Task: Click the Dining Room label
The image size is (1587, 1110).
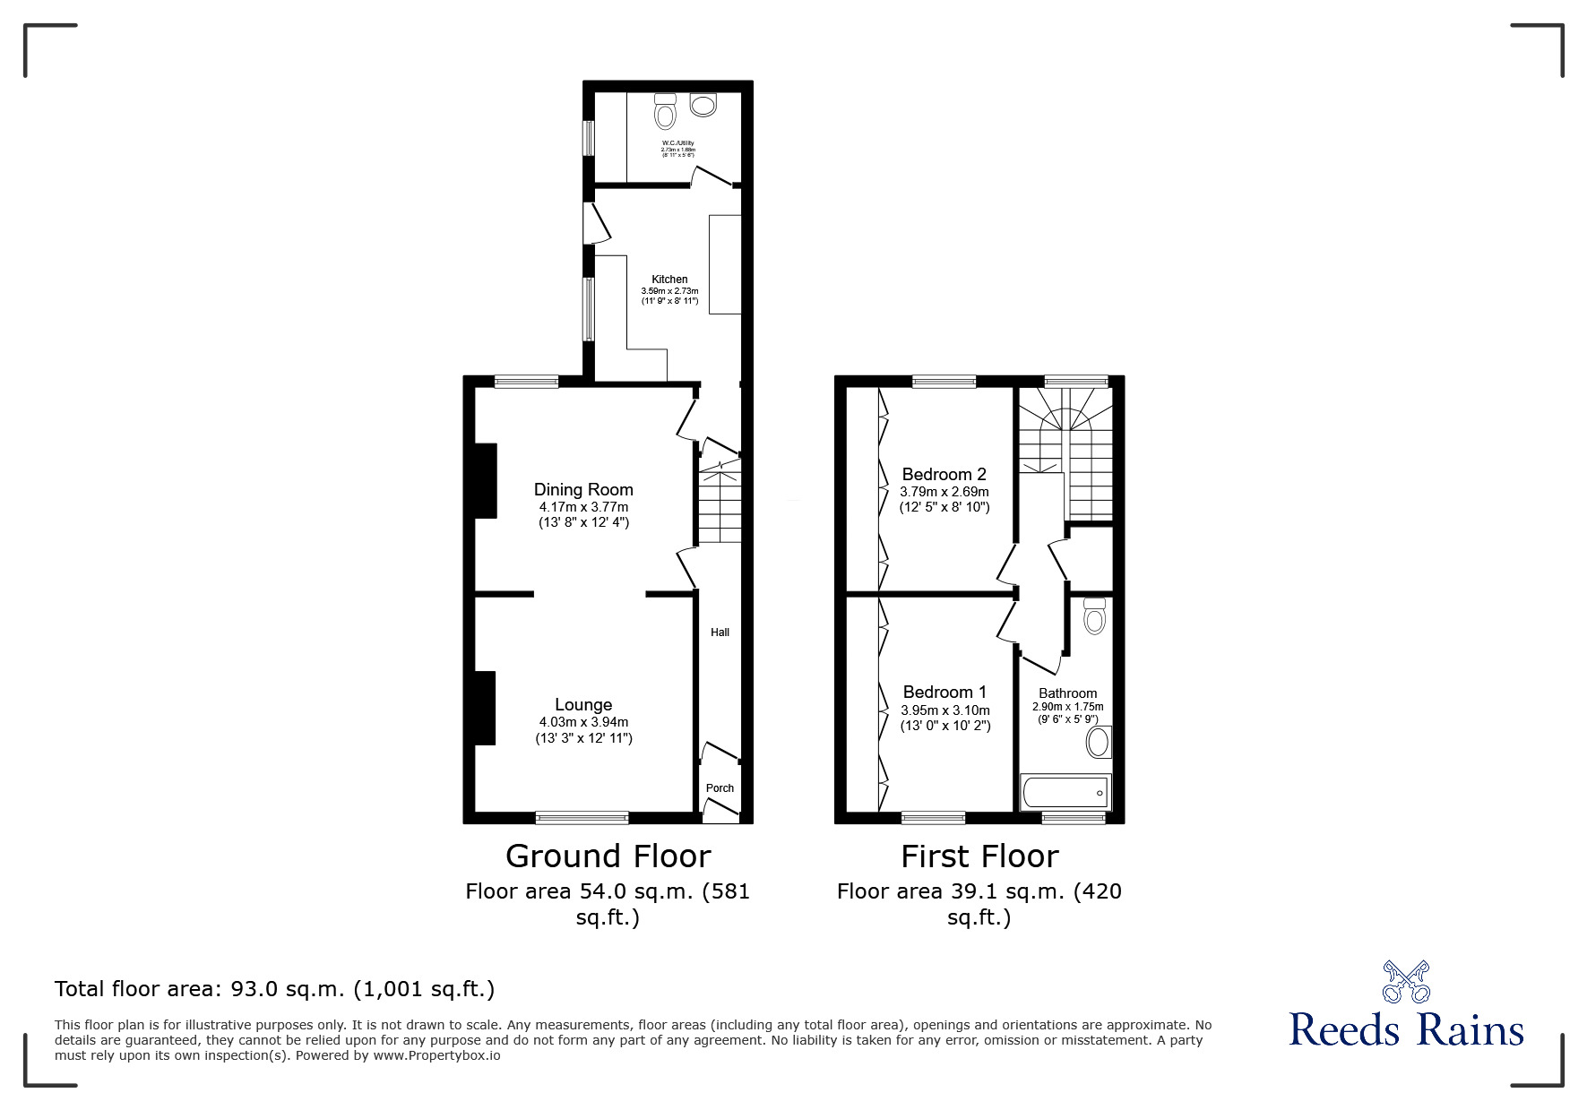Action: [x=583, y=489]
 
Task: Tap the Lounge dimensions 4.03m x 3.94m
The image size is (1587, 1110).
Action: [x=583, y=722]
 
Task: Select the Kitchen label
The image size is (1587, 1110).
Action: [x=669, y=280]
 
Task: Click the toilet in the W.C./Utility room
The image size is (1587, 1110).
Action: [x=665, y=112]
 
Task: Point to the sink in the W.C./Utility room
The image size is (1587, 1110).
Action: [x=703, y=105]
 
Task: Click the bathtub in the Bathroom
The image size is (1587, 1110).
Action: [x=1065, y=792]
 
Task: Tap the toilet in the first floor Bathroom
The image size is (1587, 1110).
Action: [x=1094, y=616]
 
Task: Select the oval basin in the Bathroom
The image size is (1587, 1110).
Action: [x=1098, y=743]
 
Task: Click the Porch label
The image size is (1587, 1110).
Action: [x=720, y=788]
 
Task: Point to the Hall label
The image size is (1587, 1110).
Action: [x=720, y=632]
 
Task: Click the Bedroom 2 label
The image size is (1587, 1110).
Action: [x=944, y=474]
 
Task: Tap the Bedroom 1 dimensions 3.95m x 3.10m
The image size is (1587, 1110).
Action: [x=945, y=710]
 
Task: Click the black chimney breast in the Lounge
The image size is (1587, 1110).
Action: [x=484, y=708]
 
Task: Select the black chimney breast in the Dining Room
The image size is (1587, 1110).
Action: [x=484, y=481]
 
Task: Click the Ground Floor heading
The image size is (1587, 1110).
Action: [x=608, y=856]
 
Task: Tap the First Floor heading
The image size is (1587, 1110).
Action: [x=979, y=856]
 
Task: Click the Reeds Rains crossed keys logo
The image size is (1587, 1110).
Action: [x=1406, y=981]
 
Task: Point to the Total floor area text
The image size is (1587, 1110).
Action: [x=274, y=989]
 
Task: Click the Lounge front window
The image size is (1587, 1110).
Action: [x=582, y=816]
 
